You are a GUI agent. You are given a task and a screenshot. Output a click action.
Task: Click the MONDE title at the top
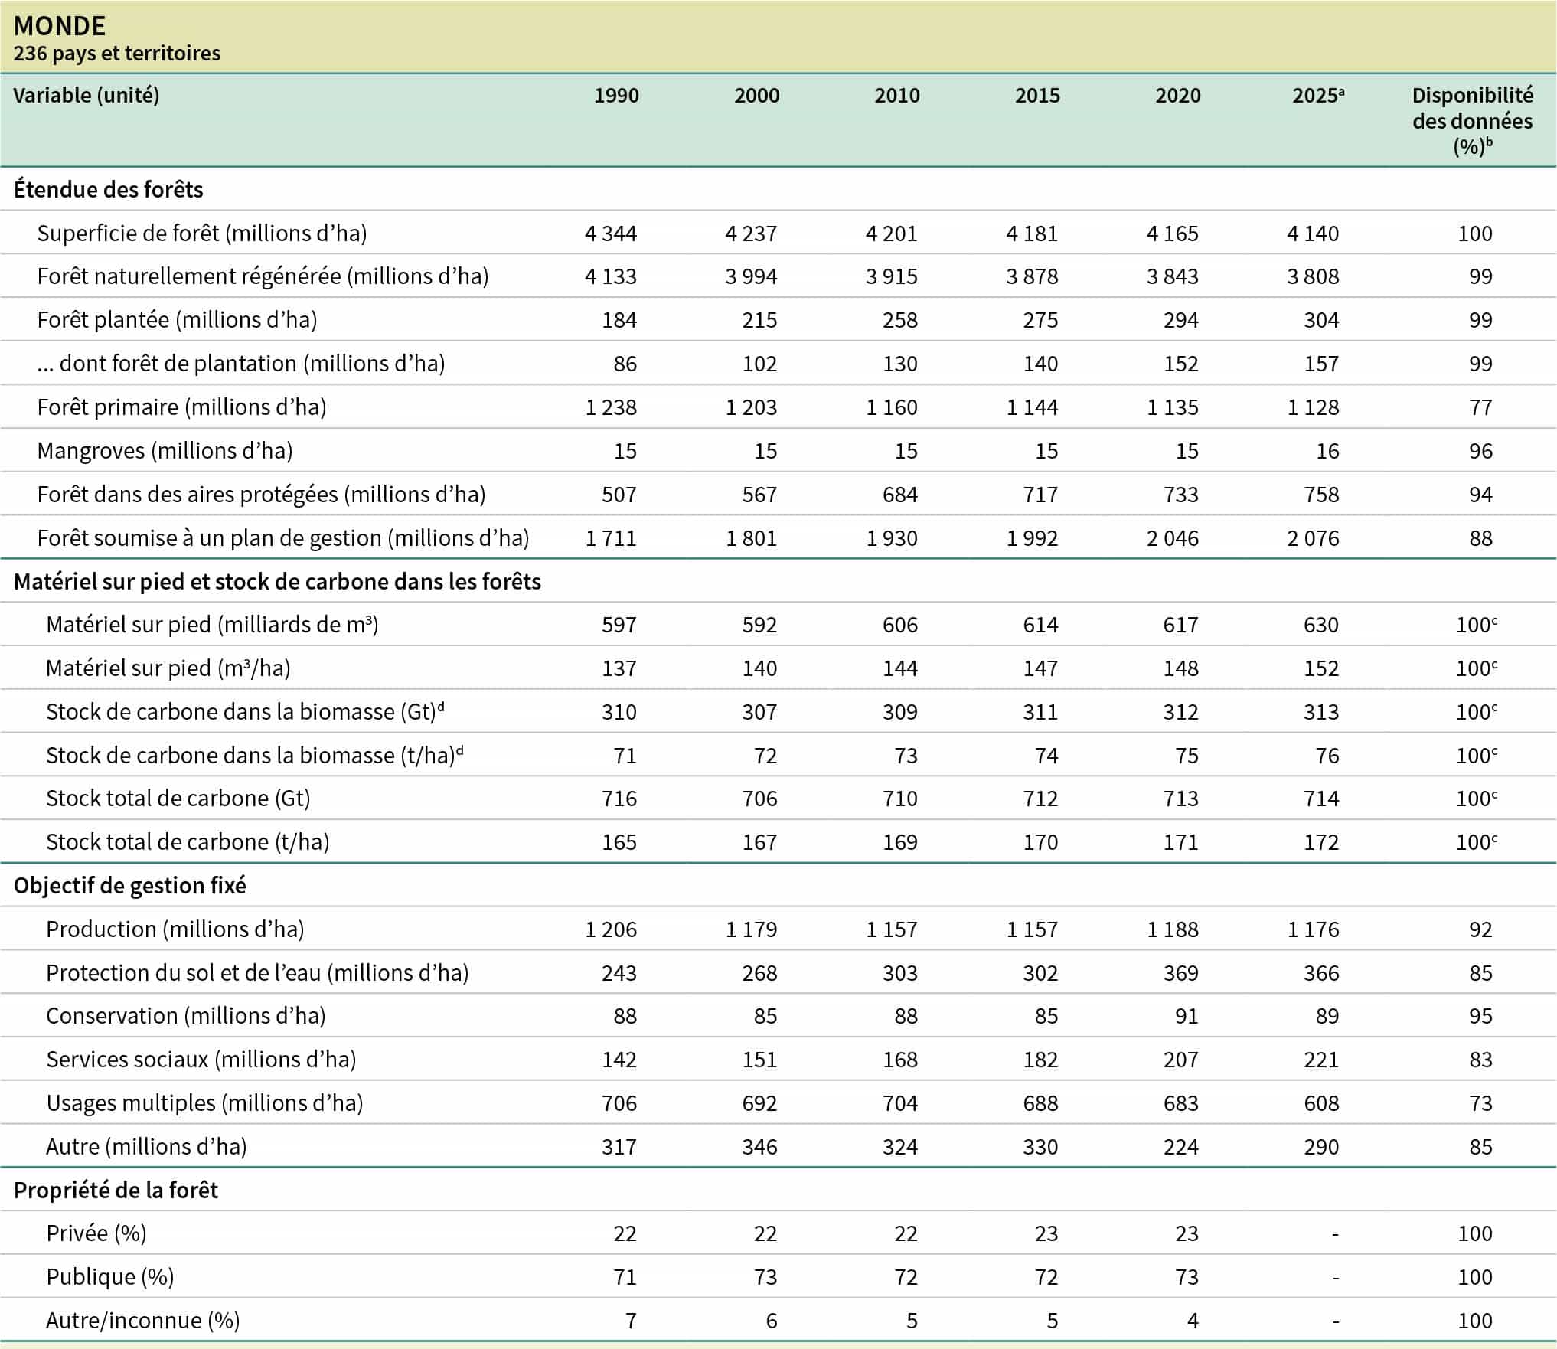tap(60, 26)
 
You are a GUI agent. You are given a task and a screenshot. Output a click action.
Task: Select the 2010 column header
tap(896, 96)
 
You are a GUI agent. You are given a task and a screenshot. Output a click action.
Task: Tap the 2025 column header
tap(1317, 96)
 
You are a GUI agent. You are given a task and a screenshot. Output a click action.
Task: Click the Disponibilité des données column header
tap(1472, 120)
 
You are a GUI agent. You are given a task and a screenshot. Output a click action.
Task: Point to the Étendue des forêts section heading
tap(109, 190)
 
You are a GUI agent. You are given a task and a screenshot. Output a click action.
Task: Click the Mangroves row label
tap(165, 451)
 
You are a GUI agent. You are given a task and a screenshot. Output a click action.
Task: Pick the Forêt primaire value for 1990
tap(611, 407)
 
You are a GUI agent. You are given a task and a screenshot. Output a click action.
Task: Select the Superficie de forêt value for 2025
tap(1313, 234)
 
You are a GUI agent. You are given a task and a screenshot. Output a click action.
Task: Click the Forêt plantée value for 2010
tap(899, 320)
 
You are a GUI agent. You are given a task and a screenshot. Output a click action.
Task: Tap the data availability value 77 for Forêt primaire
tap(1480, 407)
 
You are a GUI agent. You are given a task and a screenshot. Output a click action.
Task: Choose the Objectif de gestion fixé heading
tap(130, 886)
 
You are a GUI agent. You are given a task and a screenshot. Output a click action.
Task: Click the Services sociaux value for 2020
tap(1180, 1060)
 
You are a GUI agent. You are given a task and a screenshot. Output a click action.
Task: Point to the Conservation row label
tap(186, 1016)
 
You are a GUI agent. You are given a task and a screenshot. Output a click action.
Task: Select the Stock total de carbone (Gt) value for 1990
tap(619, 799)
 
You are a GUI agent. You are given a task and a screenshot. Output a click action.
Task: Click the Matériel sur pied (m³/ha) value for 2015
tap(1040, 668)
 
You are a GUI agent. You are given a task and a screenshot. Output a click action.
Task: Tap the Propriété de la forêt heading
tap(116, 1191)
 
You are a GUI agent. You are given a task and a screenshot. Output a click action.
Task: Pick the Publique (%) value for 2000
tap(765, 1277)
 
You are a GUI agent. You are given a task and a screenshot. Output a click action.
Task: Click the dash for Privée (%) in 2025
tap(1335, 1233)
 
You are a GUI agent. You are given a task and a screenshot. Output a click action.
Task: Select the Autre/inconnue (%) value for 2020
tap(1192, 1321)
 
